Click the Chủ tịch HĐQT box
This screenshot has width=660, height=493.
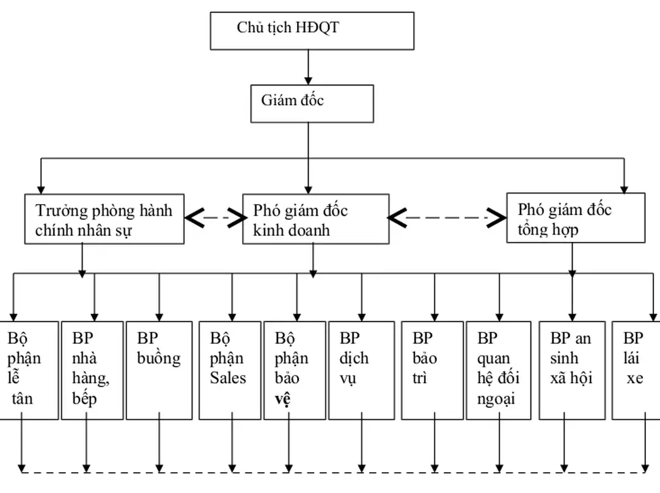(x=312, y=31)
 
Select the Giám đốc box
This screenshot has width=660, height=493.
(x=312, y=103)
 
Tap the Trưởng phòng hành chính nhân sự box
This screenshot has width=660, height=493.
(x=105, y=219)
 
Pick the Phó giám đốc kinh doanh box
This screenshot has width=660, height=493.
(x=315, y=219)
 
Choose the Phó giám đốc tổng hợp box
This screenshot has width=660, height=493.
(x=575, y=218)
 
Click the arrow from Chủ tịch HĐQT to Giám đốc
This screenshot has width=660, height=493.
(x=308, y=67)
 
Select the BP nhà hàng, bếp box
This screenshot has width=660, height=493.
(x=92, y=370)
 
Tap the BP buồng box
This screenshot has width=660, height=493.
(x=159, y=370)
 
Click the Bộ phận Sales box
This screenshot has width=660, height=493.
(x=230, y=370)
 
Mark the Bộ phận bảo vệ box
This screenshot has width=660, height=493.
(x=294, y=370)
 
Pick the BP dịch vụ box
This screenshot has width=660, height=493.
(x=361, y=370)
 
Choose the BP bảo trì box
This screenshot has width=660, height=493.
(x=431, y=370)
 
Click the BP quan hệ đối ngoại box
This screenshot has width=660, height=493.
(x=498, y=370)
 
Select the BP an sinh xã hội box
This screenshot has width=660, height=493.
(x=571, y=370)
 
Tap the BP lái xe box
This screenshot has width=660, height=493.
(x=636, y=370)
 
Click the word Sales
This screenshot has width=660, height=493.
(x=228, y=378)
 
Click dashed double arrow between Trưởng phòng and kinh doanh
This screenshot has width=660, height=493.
(x=214, y=217)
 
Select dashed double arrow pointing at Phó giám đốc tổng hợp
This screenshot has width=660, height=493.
(x=448, y=217)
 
